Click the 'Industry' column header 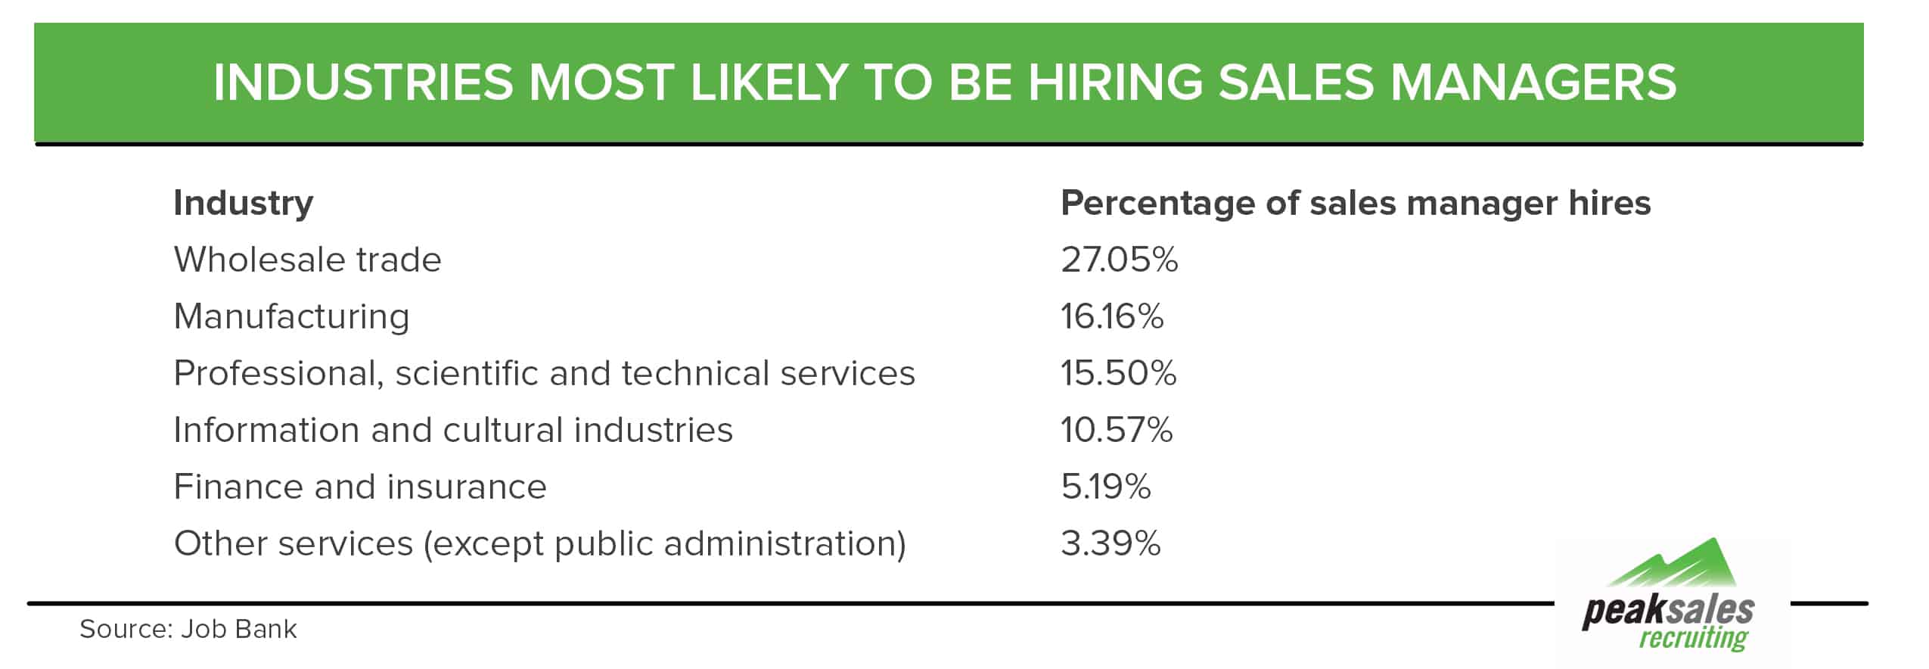tap(243, 203)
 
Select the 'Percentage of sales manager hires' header tap(1355, 203)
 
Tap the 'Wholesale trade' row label tap(307, 260)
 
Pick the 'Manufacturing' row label tap(291, 316)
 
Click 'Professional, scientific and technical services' tap(544, 373)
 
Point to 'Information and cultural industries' tap(453, 430)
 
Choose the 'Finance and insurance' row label tap(360, 487)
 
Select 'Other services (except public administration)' tap(539, 543)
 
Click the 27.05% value tap(1119, 260)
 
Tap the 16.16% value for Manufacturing tap(1111, 316)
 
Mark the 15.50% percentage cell tap(1118, 373)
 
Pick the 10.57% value tap(1116, 430)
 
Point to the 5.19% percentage tap(1105, 487)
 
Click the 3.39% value tap(1110, 543)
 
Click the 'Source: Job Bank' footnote tap(188, 629)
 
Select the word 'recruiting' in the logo tap(1693, 638)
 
